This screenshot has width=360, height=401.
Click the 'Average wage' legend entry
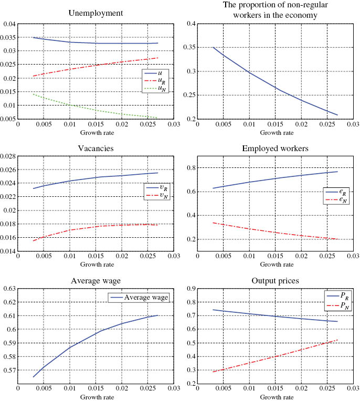[150, 298]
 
